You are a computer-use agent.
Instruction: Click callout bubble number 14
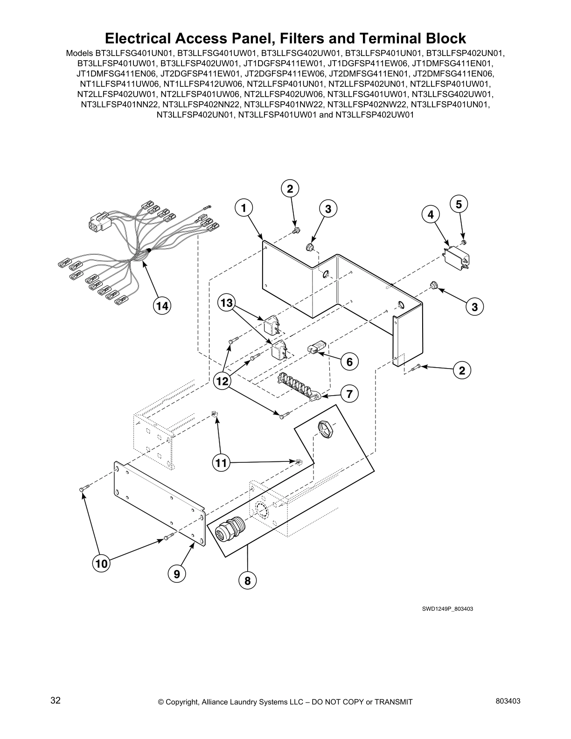click(162, 306)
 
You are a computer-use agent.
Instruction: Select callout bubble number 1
click(244, 208)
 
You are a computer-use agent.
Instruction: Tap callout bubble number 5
click(459, 204)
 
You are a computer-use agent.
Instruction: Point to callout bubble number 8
click(247, 581)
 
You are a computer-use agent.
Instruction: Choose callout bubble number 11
click(221, 463)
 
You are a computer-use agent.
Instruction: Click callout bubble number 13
click(226, 303)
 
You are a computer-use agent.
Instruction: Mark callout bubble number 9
click(177, 574)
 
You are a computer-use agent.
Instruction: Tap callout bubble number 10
click(101, 564)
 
